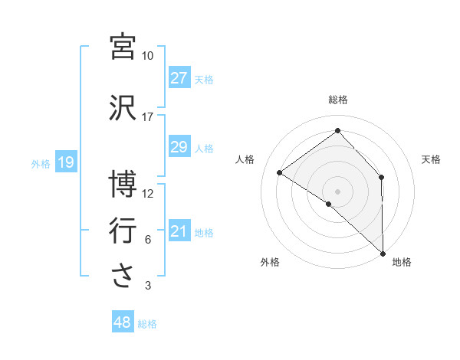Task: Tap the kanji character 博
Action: click(x=123, y=185)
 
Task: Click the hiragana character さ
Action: click(x=123, y=277)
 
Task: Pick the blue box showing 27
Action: click(x=179, y=78)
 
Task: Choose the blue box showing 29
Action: click(x=179, y=147)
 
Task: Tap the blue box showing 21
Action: click(x=179, y=231)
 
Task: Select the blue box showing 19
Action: click(x=65, y=162)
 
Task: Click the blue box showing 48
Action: click(x=122, y=322)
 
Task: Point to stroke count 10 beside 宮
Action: click(x=147, y=56)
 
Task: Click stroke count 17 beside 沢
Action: click(x=147, y=117)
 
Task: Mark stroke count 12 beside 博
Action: click(x=147, y=194)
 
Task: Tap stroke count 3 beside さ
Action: click(x=147, y=286)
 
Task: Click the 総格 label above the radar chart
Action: click(x=338, y=100)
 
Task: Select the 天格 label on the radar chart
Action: click(x=431, y=159)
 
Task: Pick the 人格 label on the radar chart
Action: click(x=245, y=159)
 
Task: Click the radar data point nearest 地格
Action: click(x=383, y=253)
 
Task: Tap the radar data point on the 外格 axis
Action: click(x=329, y=204)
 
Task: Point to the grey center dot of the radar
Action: click(x=337, y=190)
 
